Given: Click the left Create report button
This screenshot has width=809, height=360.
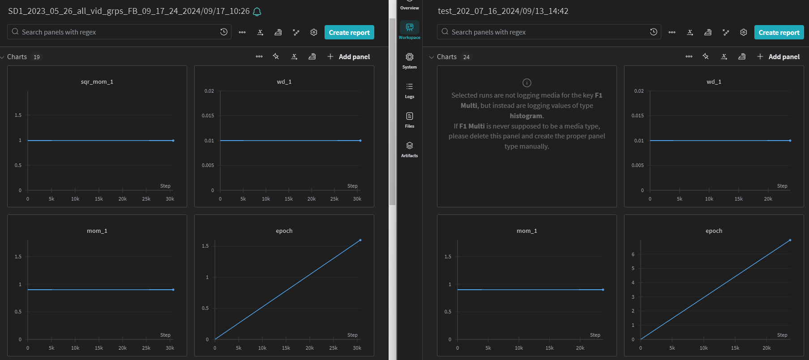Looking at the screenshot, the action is click(349, 32).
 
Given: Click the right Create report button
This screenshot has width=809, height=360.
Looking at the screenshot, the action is click(779, 32).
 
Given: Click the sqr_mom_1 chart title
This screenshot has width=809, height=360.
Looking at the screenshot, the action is click(97, 82).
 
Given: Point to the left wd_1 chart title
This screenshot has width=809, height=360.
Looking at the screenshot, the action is click(284, 82).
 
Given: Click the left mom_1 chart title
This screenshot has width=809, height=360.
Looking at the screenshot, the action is click(97, 231).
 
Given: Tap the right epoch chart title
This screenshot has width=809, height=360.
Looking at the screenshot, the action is click(714, 231).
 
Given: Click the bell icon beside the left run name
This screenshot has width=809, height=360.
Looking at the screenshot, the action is click(257, 12).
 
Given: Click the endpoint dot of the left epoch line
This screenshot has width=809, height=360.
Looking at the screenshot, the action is click(360, 240).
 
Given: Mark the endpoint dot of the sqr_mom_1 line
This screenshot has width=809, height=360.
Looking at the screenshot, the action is click(173, 141).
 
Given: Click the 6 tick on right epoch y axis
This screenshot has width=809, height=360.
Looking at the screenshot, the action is click(633, 254).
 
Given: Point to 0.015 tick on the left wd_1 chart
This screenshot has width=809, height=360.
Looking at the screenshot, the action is click(208, 116).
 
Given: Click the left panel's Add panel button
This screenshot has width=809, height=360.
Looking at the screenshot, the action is click(349, 57).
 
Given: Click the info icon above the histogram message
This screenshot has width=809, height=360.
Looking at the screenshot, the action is click(527, 83).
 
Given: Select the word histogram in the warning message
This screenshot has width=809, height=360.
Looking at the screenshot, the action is click(526, 116).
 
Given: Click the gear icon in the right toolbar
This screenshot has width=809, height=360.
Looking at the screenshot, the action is click(744, 32).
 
